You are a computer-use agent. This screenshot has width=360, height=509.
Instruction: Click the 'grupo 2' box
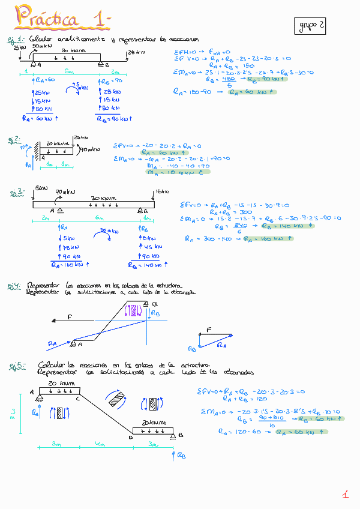pyautogui.click(x=310, y=25)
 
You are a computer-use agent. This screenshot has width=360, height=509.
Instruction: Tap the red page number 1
pyautogui.click(x=346, y=494)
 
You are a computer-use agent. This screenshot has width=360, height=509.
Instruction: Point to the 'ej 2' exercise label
pyautogui.click(x=14, y=140)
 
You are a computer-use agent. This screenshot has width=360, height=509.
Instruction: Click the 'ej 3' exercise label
pyautogui.click(x=17, y=193)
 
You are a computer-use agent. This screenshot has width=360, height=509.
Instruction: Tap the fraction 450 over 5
pyautogui.click(x=228, y=82)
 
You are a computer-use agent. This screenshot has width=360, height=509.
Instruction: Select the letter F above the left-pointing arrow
pyautogui.click(x=70, y=315)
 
